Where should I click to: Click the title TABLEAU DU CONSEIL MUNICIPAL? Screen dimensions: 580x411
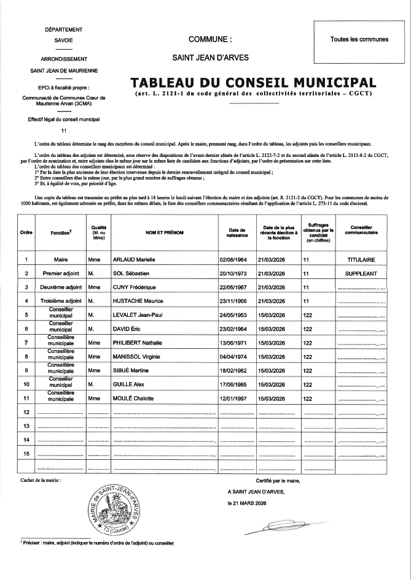tap(253, 82)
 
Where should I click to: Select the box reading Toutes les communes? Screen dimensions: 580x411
tap(359, 39)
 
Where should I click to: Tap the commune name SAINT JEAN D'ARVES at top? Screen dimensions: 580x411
tap(211, 58)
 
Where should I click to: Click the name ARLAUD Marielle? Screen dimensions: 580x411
tap(134, 259)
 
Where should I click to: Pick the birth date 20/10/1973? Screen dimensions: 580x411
tap(232, 273)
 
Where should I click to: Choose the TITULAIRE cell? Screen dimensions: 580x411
tap(361, 259)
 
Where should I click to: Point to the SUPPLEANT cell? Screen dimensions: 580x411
tap(361, 273)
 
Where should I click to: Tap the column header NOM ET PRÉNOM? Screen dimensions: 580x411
tap(164, 233)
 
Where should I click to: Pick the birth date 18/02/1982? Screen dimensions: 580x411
tap(232, 370)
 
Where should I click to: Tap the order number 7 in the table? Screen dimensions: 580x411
tap(26, 343)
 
